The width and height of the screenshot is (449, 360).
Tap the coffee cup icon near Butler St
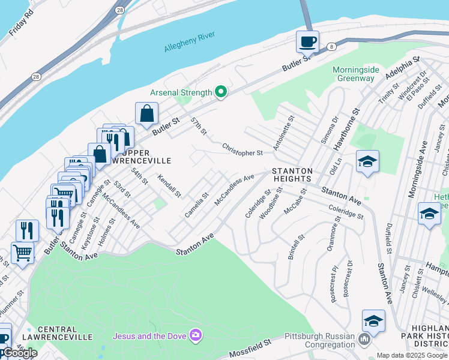click(x=307, y=42)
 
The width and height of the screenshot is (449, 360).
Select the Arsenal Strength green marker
click(x=221, y=92)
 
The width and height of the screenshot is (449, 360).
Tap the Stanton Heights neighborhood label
click(x=292, y=175)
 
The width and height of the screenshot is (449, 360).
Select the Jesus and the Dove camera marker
click(x=194, y=334)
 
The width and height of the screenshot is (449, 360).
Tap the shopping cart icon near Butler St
click(x=22, y=253)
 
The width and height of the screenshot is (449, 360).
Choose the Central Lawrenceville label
click(x=65, y=334)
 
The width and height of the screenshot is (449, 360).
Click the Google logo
click(x=20, y=353)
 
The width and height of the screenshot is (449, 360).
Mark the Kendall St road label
click(x=169, y=186)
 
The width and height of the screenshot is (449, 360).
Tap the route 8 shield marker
click(x=330, y=46)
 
